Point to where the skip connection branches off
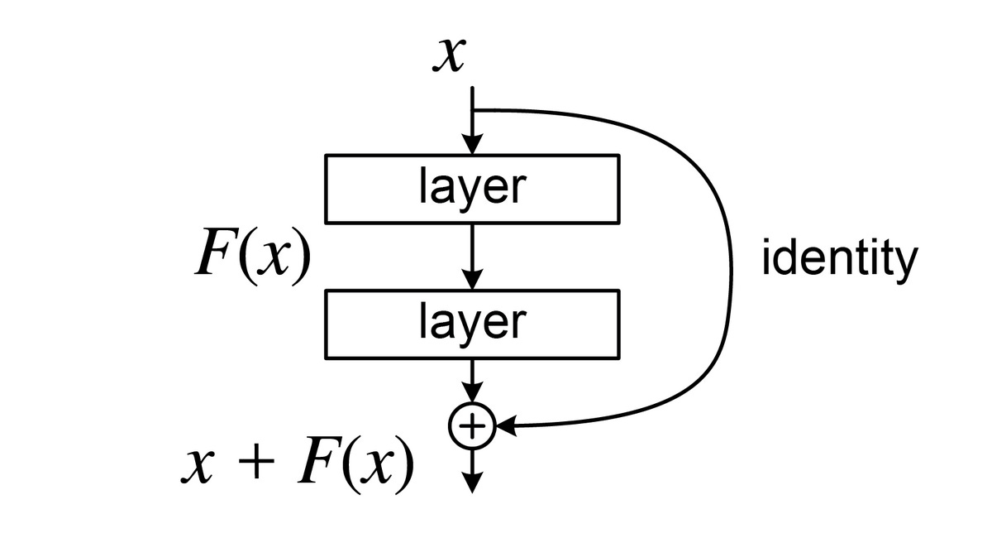[472, 110]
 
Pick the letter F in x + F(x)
[315, 465]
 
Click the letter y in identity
[906, 265]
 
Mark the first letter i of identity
[765, 259]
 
